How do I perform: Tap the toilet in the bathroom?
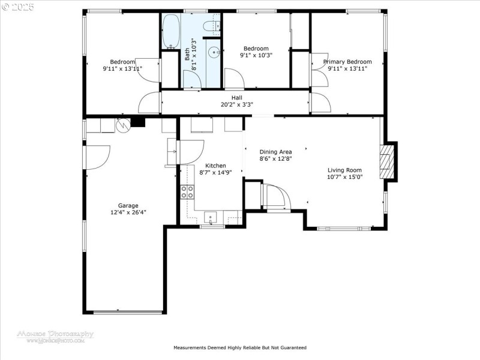coord(211,26)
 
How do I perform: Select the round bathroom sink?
coord(213,53)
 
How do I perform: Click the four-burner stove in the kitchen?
coord(187,192)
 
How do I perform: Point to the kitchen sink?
coord(211,217)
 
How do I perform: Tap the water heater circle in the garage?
coord(123,125)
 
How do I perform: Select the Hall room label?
coord(237,97)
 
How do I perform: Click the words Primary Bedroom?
coord(347,62)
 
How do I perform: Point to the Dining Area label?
coord(275,152)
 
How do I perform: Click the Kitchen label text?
coord(215,166)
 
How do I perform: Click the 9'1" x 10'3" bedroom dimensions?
coord(256,55)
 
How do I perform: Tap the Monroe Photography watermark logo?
coord(55,335)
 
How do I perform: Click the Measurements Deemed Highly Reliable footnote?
coord(240,347)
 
